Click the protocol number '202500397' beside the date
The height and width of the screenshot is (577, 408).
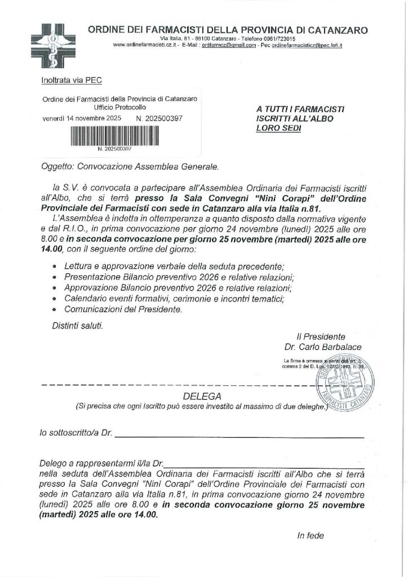pyautogui.click(x=164, y=119)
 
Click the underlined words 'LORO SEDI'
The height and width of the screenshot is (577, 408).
pyautogui.click(x=278, y=128)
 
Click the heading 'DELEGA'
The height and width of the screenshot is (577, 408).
pyautogui.click(x=201, y=396)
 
